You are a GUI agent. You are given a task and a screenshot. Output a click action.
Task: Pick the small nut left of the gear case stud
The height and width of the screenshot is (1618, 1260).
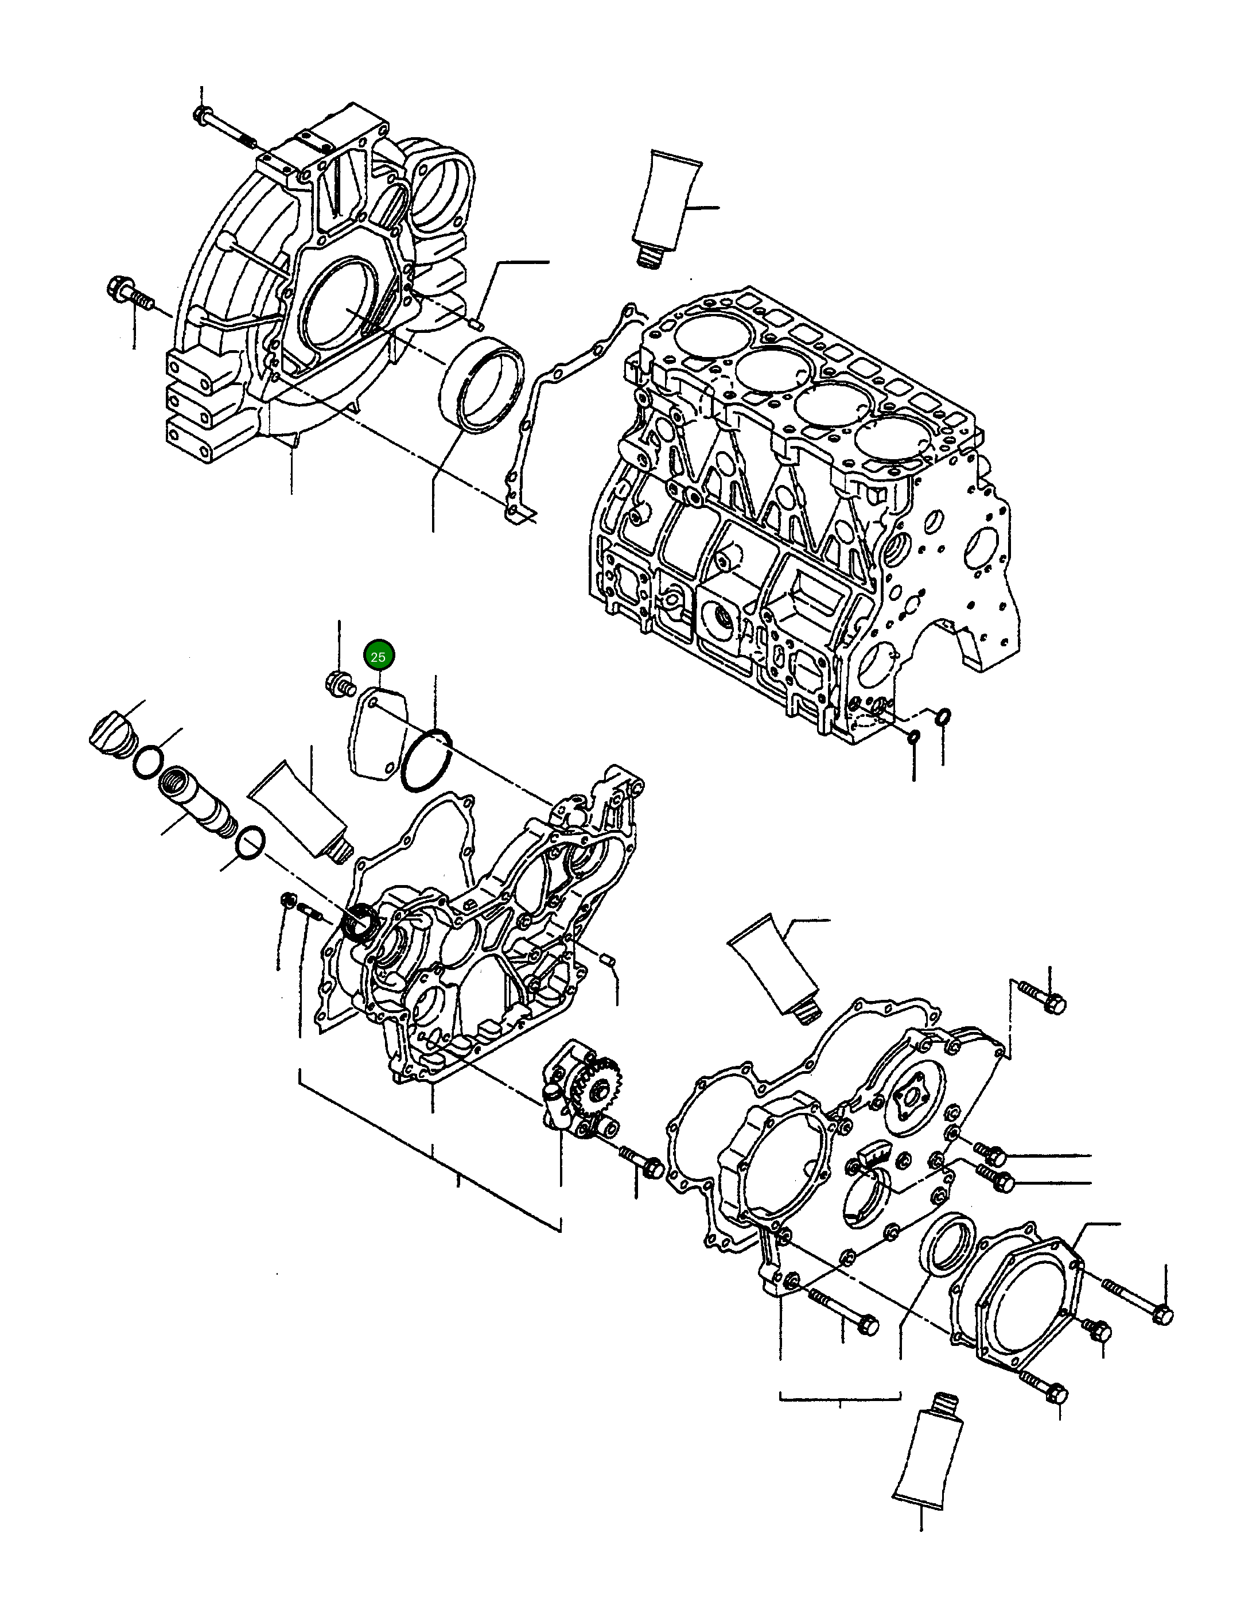coord(287,902)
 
